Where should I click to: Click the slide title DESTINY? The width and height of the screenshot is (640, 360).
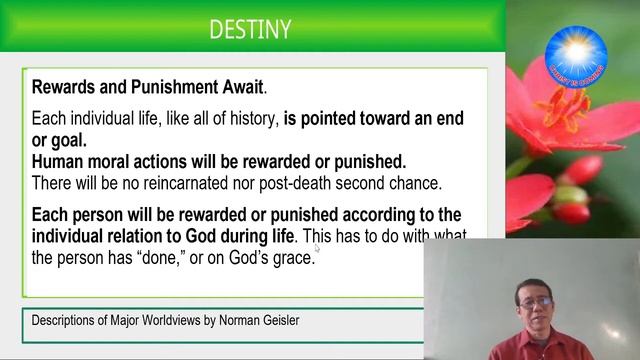(x=250, y=30)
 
